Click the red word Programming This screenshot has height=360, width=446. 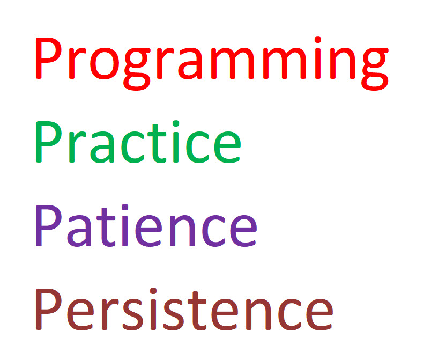click(212, 63)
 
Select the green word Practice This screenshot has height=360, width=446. click(138, 142)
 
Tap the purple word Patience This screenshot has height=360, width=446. click(146, 225)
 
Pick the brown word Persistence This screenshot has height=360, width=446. click(184, 309)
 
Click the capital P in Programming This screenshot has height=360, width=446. click(48, 58)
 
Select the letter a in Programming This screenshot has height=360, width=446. click(190, 63)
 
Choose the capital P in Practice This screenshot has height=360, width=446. click(48, 142)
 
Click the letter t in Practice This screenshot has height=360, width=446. click(155, 144)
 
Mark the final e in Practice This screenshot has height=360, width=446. click(227, 148)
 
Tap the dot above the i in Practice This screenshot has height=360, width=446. click(176, 123)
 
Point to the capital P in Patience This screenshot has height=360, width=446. click(48, 225)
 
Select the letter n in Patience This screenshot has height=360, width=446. click(182, 231)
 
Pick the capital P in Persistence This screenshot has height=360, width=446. click(48, 310)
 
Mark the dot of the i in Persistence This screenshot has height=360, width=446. click(153, 291)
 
